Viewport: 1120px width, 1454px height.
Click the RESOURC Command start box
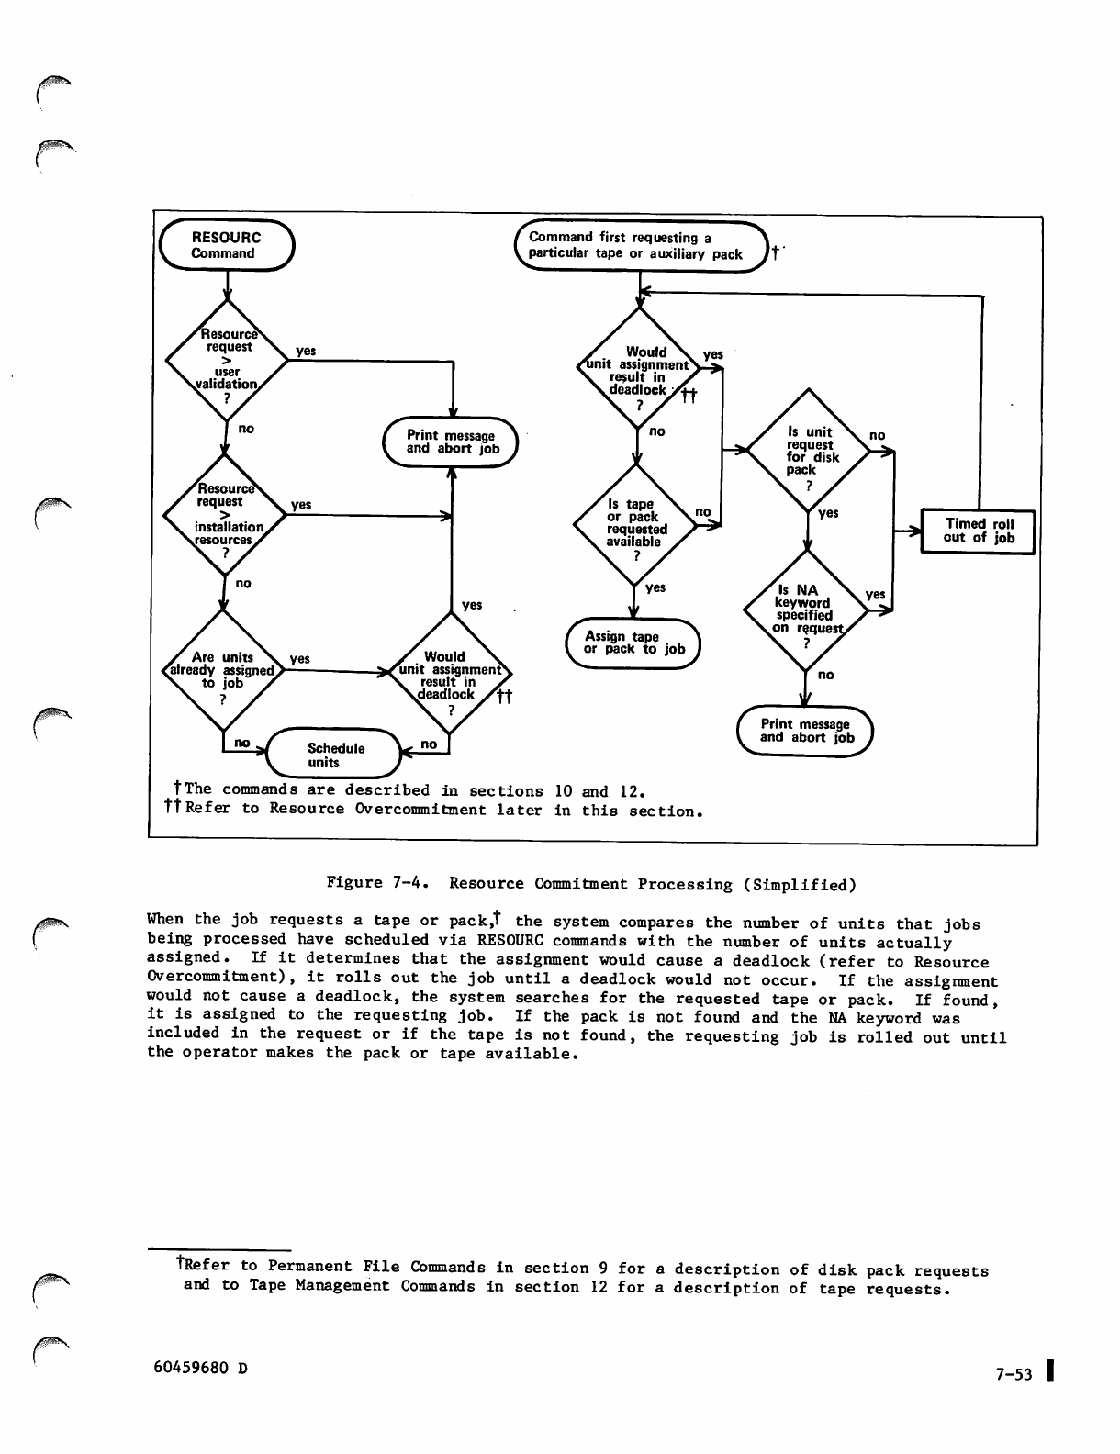coord(226,245)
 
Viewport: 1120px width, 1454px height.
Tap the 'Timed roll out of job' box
coord(979,531)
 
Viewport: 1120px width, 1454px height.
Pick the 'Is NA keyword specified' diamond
coord(805,610)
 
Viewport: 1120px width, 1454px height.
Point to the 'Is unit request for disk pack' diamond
coord(807,452)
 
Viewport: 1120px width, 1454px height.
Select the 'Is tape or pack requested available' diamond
coord(636,523)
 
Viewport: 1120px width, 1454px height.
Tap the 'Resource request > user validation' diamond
coord(226,360)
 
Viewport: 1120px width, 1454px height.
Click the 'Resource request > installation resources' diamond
coord(224,515)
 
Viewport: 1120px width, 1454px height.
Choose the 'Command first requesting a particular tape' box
coord(643,246)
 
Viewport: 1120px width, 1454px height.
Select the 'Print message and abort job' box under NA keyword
coord(806,731)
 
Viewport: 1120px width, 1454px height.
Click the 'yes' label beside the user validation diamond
coord(306,351)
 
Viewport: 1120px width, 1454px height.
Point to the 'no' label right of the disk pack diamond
coord(878,435)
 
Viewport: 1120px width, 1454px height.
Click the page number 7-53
coord(1014,1374)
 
